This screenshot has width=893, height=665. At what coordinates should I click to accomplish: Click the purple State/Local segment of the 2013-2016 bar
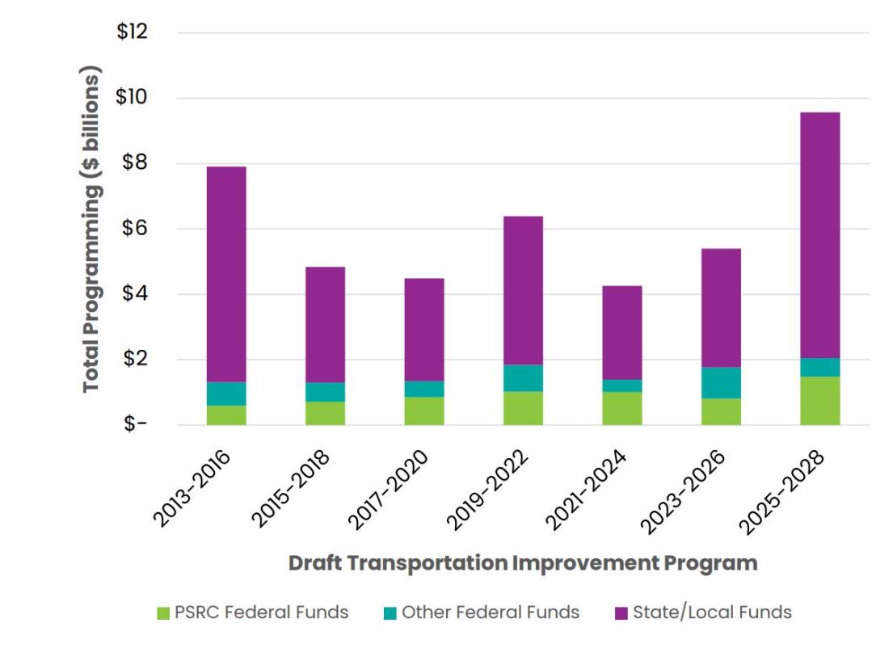tap(226, 274)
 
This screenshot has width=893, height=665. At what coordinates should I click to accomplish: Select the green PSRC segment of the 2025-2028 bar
tap(820, 401)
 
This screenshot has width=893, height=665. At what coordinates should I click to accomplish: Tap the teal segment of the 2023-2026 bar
tap(721, 383)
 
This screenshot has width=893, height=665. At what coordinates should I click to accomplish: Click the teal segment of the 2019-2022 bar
tap(523, 378)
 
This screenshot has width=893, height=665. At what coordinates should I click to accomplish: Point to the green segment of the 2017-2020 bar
tap(424, 410)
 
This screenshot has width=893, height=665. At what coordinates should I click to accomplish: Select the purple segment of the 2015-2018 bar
tap(325, 324)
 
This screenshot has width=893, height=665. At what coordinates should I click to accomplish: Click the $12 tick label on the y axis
tap(133, 32)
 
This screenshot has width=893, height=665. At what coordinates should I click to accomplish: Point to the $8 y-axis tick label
tap(136, 163)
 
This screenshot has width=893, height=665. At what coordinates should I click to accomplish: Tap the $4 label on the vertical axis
tap(136, 294)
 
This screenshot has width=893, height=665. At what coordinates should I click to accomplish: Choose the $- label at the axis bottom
tap(136, 425)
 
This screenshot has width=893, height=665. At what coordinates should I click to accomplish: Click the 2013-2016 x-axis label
tap(193, 490)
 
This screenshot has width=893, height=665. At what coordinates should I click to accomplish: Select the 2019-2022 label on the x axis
tap(490, 490)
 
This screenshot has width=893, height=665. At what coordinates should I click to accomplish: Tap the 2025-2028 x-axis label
tap(786, 490)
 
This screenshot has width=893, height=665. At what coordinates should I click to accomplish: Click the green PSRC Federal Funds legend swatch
tap(163, 613)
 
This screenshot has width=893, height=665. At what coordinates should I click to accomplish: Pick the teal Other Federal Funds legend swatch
tap(390, 613)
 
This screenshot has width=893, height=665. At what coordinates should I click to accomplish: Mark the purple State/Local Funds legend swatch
tap(621, 613)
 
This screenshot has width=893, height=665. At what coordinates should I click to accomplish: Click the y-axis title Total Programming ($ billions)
tap(93, 229)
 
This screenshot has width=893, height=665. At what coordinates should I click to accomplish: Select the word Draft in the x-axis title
tap(316, 563)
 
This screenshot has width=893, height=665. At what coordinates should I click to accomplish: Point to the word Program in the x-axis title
tap(718, 563)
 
